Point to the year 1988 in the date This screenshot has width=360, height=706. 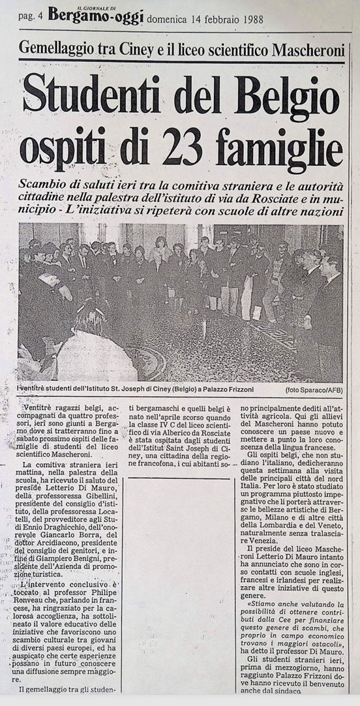[x=250, y=19]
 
